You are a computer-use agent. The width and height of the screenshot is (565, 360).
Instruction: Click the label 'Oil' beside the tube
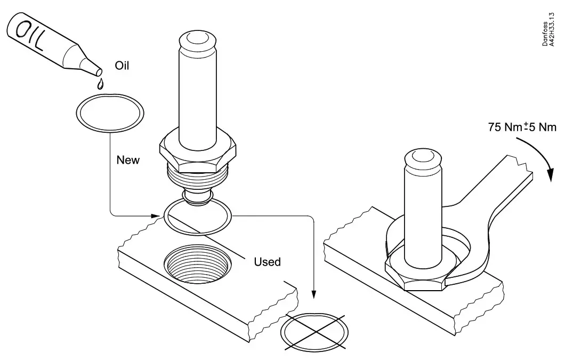122,66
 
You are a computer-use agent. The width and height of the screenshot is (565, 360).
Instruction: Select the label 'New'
128,160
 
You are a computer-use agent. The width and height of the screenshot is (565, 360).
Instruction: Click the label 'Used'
267,262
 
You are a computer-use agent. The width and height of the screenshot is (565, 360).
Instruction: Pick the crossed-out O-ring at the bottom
316,331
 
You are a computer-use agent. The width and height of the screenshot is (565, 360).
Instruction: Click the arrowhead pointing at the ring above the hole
156,216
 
